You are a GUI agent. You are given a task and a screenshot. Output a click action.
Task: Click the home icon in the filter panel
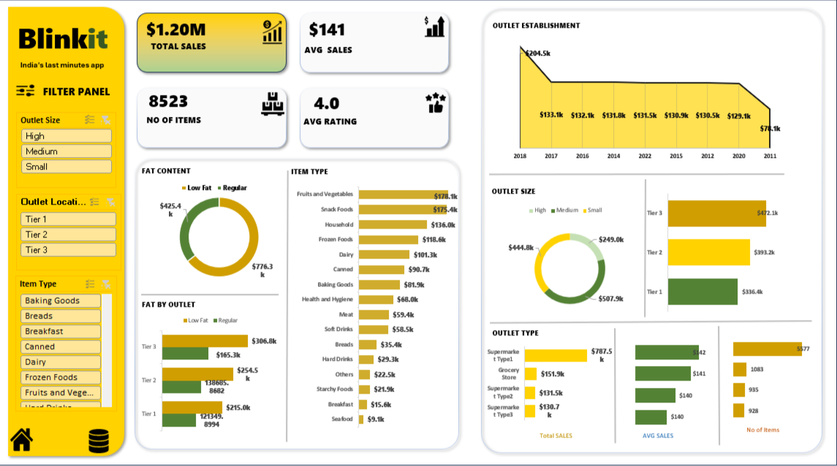[21, 439]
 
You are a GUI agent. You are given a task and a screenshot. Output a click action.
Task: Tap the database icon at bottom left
[99, 441]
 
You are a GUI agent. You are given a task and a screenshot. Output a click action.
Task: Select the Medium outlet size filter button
[67, 151]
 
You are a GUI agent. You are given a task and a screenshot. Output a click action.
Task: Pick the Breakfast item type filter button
[61, 332]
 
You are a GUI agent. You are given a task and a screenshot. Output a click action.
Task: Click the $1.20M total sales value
[175, 30]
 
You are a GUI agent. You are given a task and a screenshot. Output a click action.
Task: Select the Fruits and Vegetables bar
[403, 195]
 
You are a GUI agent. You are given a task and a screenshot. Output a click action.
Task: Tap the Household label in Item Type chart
[338, 225]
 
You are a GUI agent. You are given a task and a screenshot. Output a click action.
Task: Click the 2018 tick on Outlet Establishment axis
[520, 156]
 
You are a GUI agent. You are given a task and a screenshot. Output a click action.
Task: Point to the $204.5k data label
[537, 53]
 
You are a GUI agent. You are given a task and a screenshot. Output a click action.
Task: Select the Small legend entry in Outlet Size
[592, 210]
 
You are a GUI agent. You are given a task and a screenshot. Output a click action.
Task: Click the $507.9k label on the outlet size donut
[610, 299]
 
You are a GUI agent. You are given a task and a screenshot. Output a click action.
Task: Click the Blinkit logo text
[63, 38]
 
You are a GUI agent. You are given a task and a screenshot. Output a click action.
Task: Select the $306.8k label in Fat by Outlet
[263, 341]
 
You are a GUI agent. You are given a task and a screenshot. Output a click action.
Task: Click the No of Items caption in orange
[762, 430]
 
